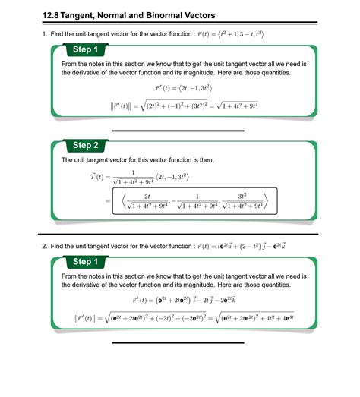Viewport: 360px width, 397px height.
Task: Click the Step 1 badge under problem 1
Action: [x=85, y=49]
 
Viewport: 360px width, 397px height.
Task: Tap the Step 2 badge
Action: [x=85, y=145]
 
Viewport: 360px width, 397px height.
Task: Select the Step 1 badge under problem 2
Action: [x=85, y=262]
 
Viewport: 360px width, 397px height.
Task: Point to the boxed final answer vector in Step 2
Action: [x=194, y=200]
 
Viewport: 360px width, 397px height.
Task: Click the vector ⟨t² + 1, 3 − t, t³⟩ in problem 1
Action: [x=236, y=35]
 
